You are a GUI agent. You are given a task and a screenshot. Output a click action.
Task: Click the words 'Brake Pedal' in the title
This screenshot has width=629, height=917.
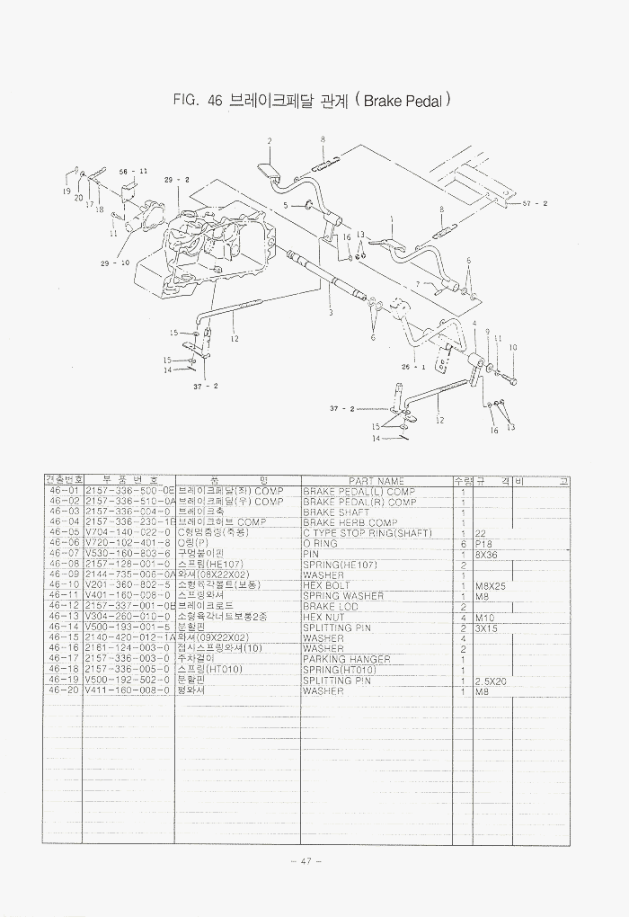click(404, 102)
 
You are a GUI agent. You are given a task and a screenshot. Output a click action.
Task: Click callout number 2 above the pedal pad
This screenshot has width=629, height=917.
click(269, 141)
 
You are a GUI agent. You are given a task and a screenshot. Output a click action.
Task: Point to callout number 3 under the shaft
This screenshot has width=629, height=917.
click(330, 312)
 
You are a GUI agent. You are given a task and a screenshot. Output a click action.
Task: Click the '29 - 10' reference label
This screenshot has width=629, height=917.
click(114, 263)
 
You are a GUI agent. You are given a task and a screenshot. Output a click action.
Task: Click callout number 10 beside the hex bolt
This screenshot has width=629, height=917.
click(513, 347)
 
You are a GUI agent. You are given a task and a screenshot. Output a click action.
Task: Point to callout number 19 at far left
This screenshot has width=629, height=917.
click(66, 191)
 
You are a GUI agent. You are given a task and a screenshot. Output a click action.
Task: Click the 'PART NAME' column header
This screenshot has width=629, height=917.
click(377, 481)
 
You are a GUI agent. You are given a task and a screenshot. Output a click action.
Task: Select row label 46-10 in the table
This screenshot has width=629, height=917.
click(64, 585)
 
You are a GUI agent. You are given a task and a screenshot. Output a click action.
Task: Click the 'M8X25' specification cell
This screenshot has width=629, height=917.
click(492, 585)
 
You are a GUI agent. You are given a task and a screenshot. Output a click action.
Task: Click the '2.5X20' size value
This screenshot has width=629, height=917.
click(492, 681)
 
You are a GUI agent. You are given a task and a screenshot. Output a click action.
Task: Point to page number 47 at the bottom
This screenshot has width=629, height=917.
click(306, 861)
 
